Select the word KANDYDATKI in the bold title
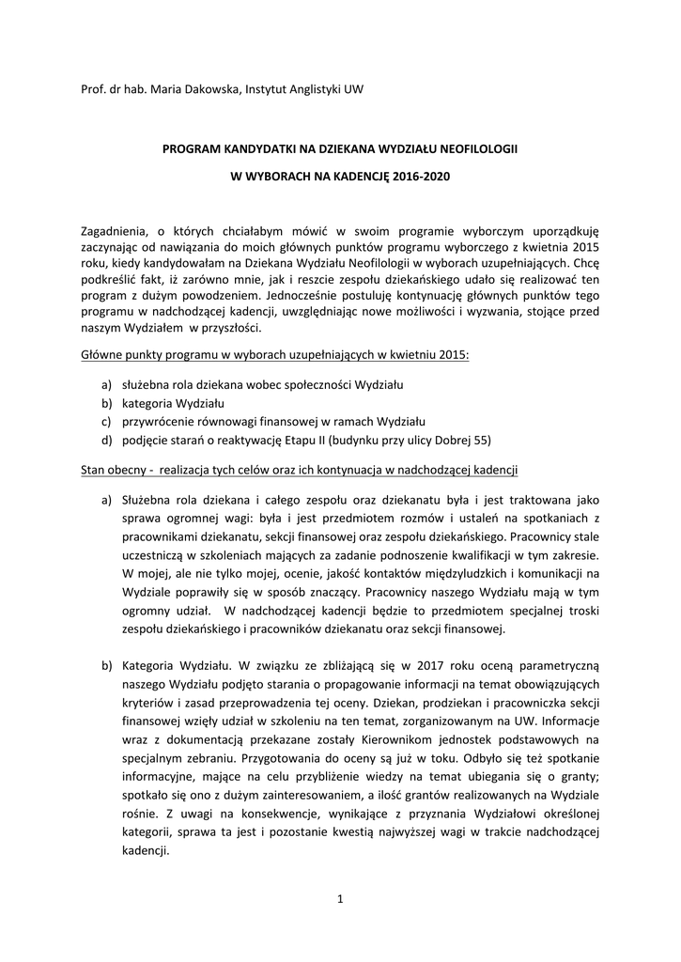[x=254, y=148]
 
